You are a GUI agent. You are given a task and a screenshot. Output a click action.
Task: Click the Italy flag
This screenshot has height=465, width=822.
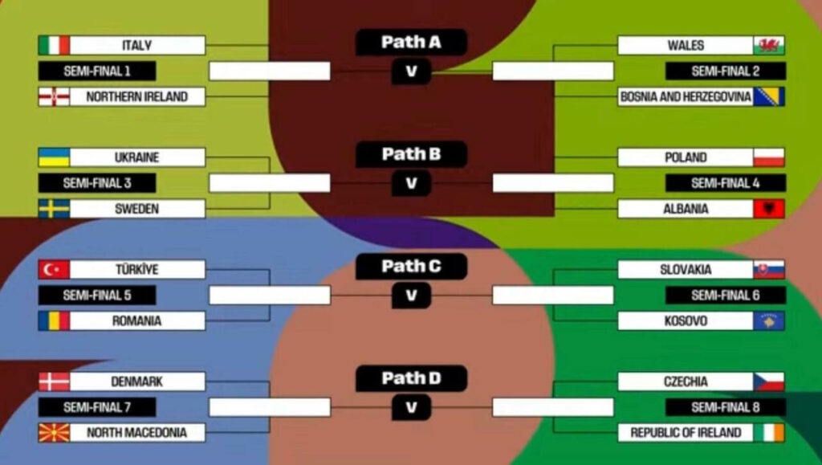(54, 45)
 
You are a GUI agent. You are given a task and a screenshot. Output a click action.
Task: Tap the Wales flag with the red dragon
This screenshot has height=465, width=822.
(769, 45)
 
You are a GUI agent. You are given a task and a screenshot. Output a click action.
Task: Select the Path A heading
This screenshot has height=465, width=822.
(411, 43)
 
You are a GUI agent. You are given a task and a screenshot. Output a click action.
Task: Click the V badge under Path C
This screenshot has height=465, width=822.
(411, 296)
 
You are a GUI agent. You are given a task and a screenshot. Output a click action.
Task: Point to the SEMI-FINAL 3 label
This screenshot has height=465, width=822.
(97, 183)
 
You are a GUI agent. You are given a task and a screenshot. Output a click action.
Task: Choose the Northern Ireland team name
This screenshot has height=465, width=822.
(136, 96)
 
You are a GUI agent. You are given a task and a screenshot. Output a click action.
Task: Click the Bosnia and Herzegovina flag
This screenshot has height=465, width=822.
(769, 96)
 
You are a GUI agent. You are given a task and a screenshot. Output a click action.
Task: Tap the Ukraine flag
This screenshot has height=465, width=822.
(54, 157)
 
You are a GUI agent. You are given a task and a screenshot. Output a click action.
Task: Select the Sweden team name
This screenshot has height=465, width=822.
(136, 209)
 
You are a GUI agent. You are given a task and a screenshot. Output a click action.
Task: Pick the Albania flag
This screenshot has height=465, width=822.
(769, 209)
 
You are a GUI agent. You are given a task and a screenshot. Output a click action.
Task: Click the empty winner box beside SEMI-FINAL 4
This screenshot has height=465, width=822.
(552, 183)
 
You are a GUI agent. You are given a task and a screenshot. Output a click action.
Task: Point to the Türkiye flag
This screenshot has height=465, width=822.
(54, 270)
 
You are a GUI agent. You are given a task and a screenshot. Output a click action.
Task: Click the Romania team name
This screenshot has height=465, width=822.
(136, 321)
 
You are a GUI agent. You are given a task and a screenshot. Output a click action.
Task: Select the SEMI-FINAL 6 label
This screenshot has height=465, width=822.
(726, 296)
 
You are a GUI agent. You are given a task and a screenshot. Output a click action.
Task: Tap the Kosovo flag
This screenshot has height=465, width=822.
(769, 321)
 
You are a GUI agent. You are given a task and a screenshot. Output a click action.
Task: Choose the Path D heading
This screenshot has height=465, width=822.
(411, 378)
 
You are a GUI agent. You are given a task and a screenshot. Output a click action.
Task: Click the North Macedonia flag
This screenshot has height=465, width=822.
(54, 433)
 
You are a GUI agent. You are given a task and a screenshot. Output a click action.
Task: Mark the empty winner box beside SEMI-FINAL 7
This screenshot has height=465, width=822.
(270, 407)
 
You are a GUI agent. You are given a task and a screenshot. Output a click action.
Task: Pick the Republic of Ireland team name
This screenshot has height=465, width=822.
(686, 433)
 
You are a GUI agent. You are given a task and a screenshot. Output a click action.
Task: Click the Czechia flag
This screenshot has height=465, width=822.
(769, 381)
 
